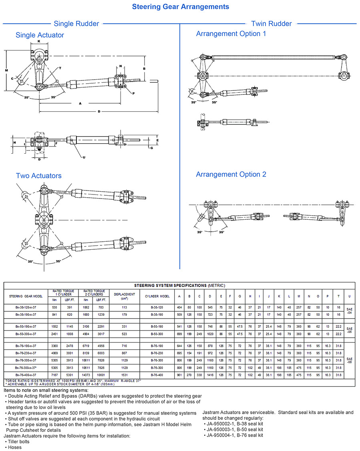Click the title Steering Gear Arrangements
click(x=180, y=7)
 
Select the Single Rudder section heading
click(x=76, y=24)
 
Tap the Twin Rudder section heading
click(x=271, y=24)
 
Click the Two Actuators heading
click(x=39, y=176)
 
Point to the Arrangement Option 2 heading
click(x=231, y=174)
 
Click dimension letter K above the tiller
click(x=39, y=41)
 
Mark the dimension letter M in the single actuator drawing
click(x=6, y=70)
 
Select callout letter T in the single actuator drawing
click(x=60, y=68)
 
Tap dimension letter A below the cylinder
click(x=80, y=103)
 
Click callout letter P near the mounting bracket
click(x=133, y=93)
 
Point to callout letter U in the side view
click(x=84, y=157)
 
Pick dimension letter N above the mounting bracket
click(x=120, y=66)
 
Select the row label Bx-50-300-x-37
click(x=26, y=334)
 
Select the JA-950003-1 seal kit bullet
click(x=235, y=429)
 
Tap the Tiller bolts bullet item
click(x=18, y=441)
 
